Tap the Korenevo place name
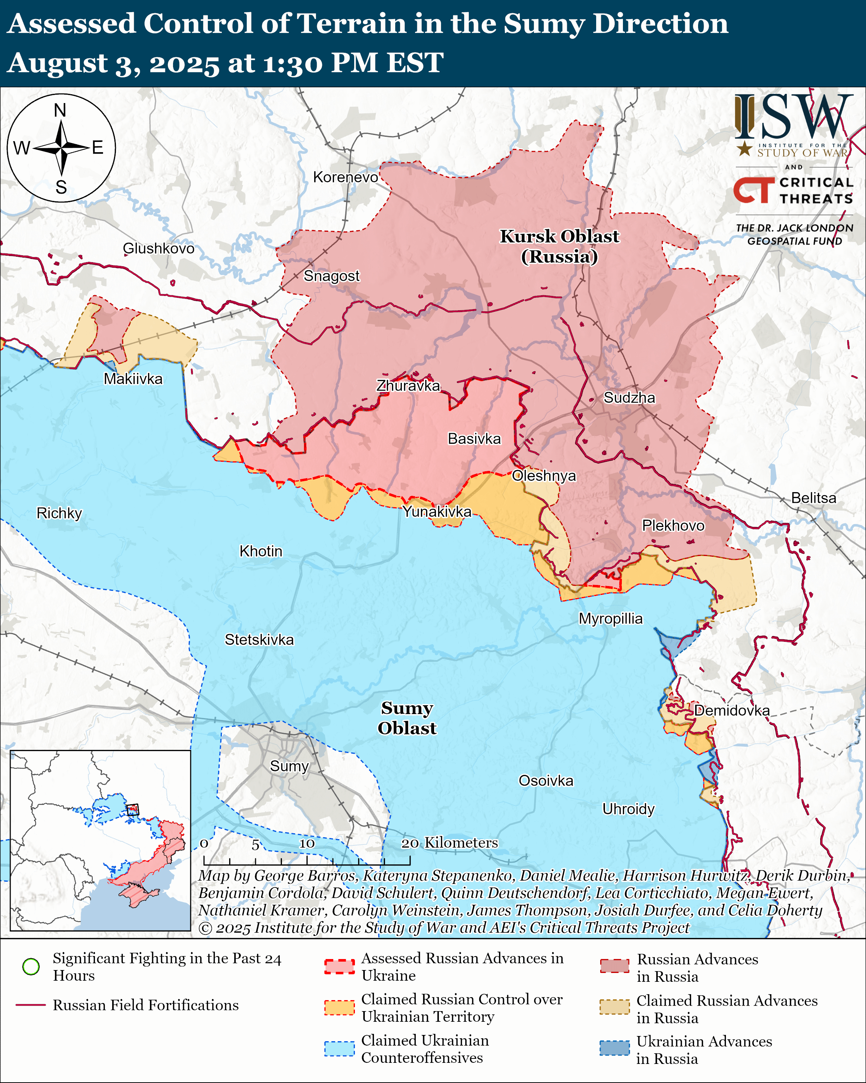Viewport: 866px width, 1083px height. (x=345, y=177)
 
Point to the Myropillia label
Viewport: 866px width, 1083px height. (x=610, y=618)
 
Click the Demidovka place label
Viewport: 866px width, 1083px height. (x=731, y=710)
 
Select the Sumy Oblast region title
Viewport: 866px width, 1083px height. (x=407, y=718)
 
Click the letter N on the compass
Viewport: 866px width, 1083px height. (x=60, y=110)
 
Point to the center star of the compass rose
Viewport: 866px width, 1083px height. (x=61, y=148)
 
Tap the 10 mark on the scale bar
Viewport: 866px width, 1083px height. (x=307, y=844)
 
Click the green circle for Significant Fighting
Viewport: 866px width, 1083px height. (x=31, y=966)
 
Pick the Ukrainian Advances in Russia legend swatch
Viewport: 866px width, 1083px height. (x=614, y=1048)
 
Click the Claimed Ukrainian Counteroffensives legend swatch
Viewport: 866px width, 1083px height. (x=340, y=1049)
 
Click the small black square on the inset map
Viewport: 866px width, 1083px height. (x=132, y=810)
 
